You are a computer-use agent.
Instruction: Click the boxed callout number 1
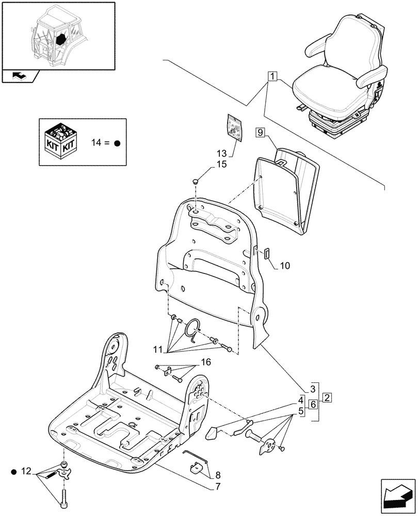(272, 77)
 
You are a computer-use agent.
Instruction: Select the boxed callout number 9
(261, 133)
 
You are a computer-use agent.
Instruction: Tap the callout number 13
(222, 153)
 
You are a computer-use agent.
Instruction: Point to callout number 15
(221, 165)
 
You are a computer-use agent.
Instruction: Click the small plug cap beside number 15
(195, 181)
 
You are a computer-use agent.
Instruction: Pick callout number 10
(285, 266)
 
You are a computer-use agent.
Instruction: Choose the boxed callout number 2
(327, 397)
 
